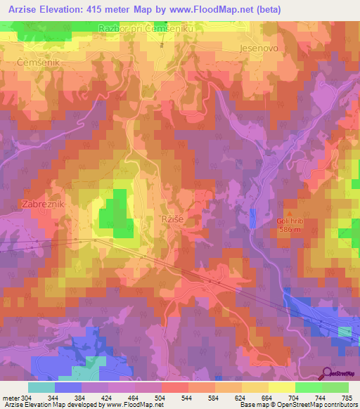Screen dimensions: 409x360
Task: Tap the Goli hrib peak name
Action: (x=289, y=220)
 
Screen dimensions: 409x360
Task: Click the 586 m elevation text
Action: (x=289, y=229)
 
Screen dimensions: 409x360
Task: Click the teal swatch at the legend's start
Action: (x=41, y=387)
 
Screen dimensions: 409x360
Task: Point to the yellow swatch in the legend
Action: (x=281, y=387)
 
